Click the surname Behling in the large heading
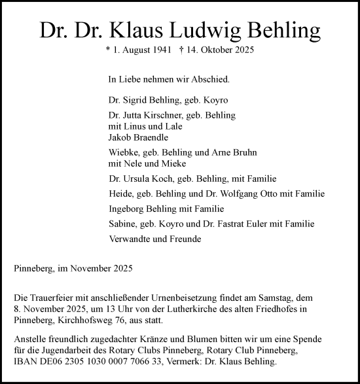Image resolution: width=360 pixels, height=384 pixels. point(282,30)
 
